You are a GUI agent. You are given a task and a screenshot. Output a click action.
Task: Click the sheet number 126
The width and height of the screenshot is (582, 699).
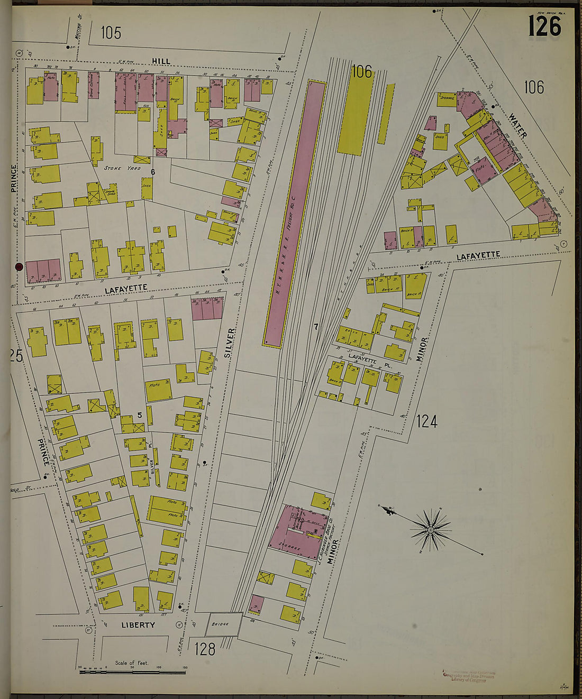tap(544, 26)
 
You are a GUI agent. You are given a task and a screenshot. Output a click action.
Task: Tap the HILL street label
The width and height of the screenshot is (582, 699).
tap(161, 61)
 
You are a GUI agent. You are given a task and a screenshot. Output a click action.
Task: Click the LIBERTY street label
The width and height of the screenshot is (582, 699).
tap(138, 624)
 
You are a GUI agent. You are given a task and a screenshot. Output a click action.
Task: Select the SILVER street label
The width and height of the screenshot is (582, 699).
tap(230, 343)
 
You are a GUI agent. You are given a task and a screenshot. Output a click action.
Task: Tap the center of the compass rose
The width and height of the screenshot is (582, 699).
tap(431, 529)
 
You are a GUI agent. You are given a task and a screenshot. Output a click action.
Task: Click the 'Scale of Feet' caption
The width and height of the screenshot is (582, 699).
tap(132, 663)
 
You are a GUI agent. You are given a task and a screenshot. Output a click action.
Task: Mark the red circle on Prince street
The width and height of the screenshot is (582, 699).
tap(19, 267)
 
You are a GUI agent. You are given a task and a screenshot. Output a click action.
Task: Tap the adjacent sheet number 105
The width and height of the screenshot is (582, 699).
tap(111, 33)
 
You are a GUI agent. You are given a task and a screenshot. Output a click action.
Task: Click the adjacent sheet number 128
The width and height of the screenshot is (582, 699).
tap(204, 648)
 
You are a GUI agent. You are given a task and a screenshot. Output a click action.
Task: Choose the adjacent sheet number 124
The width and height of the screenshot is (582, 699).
tap(426, 421)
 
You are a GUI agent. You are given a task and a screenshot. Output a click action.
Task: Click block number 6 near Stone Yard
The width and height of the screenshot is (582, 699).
tap(152, 171)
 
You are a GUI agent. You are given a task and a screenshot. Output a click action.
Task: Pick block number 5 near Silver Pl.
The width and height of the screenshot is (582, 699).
tap(140, 415)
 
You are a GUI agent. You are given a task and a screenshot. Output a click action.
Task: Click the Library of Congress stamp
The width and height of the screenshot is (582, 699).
tap(469, 676)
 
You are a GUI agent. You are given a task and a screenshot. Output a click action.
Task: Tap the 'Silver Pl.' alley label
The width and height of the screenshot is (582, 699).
tap(151, 459)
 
